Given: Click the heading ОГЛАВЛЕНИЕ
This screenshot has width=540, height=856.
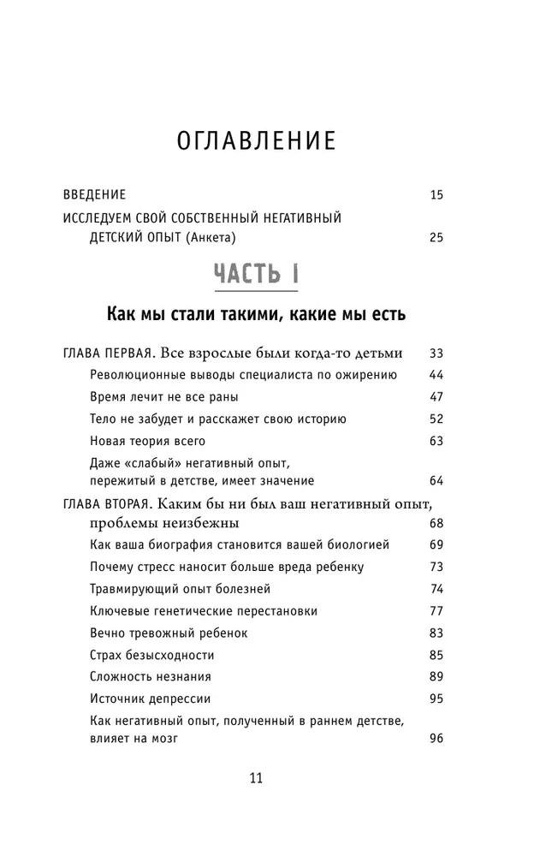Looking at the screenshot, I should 255,140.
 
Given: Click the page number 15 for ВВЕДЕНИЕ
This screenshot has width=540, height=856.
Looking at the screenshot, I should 436,195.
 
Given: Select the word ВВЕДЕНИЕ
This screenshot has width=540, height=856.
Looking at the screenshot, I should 95,195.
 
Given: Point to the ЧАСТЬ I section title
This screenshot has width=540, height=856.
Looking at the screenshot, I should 256,275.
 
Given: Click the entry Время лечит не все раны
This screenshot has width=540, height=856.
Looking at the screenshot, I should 163,397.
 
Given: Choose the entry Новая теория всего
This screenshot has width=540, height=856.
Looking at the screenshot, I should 147,442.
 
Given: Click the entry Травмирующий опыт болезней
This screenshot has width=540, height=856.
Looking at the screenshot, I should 180,589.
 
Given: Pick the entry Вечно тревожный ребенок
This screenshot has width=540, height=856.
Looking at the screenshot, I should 168,633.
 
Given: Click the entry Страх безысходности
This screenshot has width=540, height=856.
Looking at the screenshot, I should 151,656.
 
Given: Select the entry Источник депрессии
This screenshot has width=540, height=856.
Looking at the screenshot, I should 150,699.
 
